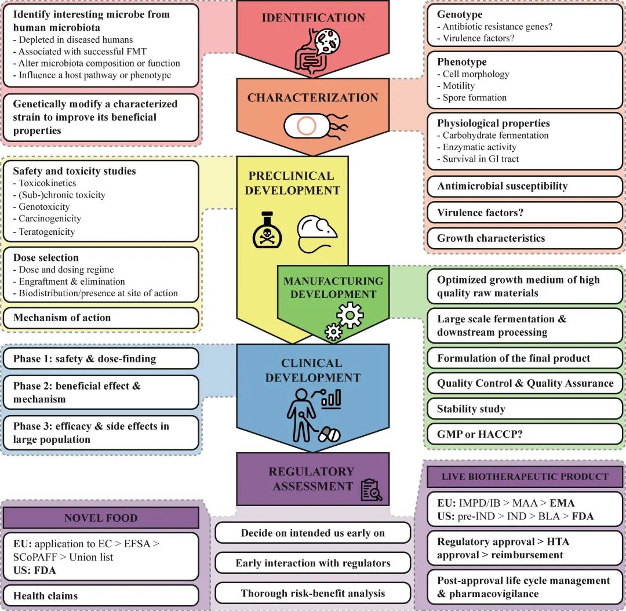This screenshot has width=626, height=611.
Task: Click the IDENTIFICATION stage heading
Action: coord(314,17)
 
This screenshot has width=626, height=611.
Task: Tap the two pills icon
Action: coord(329,434)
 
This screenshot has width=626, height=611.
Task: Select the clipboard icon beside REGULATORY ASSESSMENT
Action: coord(371,490)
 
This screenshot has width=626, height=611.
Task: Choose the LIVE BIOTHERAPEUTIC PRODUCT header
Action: coord(525,477)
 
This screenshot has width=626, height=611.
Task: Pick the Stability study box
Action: coord(525,409)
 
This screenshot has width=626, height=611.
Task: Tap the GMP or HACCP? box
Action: coord(525,434)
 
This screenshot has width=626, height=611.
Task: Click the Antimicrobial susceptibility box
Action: coord(525,186)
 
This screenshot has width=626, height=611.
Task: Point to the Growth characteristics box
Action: coord(525,238)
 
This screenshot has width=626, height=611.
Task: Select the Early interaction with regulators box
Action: coord(313,563)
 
